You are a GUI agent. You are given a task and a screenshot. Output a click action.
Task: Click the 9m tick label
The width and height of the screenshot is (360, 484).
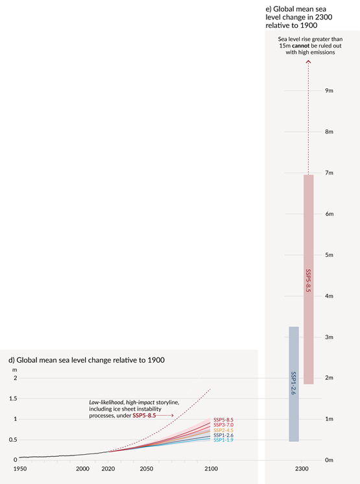(x=329, y=91)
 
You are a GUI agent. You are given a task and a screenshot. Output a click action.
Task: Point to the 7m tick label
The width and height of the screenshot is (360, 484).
(x=329, y=173)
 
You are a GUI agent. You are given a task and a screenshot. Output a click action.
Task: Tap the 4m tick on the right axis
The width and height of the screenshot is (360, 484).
(x=329, y=296)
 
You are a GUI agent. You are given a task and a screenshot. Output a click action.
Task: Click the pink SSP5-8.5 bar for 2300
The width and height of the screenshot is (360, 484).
(x=309, y=279)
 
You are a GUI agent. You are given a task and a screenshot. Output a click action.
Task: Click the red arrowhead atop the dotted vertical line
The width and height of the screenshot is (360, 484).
(x=309, y=62)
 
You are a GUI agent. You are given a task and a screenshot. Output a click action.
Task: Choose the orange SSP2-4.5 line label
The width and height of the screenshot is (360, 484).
(x=224, y=430)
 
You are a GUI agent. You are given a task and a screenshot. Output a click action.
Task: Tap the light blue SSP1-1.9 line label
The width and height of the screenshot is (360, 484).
(x=224, y=441)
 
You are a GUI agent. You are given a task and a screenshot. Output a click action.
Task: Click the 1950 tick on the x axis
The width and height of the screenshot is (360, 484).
(x=19, y=468)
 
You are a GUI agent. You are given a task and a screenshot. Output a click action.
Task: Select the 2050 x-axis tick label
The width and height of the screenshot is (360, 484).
(x=146, y=468)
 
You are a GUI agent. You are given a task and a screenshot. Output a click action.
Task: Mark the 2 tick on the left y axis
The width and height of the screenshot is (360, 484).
(x=14, y=378)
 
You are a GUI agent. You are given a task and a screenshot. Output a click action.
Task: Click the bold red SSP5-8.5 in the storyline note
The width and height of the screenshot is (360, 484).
(x=144, y=415)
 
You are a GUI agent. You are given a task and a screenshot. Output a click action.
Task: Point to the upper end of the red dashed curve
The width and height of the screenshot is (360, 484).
(x=210, y=389)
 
